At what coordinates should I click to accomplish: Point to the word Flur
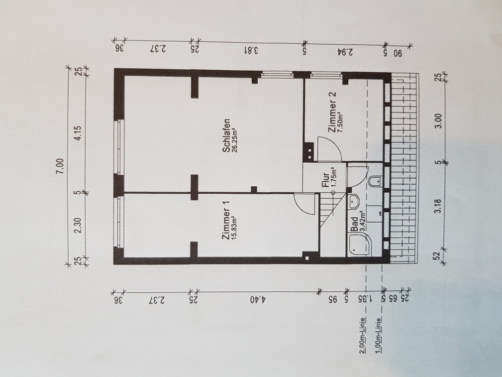point(325,180)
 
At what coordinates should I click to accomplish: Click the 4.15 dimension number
point(78,132)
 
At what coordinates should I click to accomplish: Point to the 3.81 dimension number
point(251,50)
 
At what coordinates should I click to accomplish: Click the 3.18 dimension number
point(438,206)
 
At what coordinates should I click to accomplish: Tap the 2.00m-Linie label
point(362,335)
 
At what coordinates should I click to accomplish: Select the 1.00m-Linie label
point(379,335)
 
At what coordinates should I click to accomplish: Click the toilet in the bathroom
point(375,181)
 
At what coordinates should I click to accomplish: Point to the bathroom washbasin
point(353,202)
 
